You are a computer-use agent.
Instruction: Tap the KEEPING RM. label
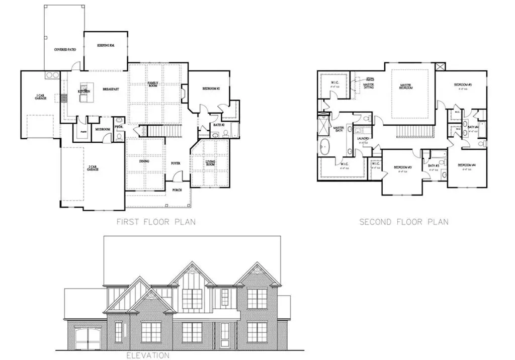[x=107, y=46]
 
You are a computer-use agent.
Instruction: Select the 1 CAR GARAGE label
[x=41, y=97]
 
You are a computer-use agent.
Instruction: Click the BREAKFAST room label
[x=110, y=89]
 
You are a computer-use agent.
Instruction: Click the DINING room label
[x=145, y=161]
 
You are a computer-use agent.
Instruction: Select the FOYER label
[x=175, y=163]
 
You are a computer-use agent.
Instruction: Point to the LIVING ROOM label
[x=210, y=163]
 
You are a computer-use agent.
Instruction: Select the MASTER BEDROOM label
[x=406, y=86]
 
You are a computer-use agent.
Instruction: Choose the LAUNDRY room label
[x=363, y=139]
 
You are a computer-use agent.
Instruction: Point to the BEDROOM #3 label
[x=402, y=167]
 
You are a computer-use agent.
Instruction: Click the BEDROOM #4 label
[x=467, y=165]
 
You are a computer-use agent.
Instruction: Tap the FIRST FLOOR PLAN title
[x=156, y=222]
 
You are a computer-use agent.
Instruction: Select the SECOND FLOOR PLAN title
[x=404, y=222]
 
